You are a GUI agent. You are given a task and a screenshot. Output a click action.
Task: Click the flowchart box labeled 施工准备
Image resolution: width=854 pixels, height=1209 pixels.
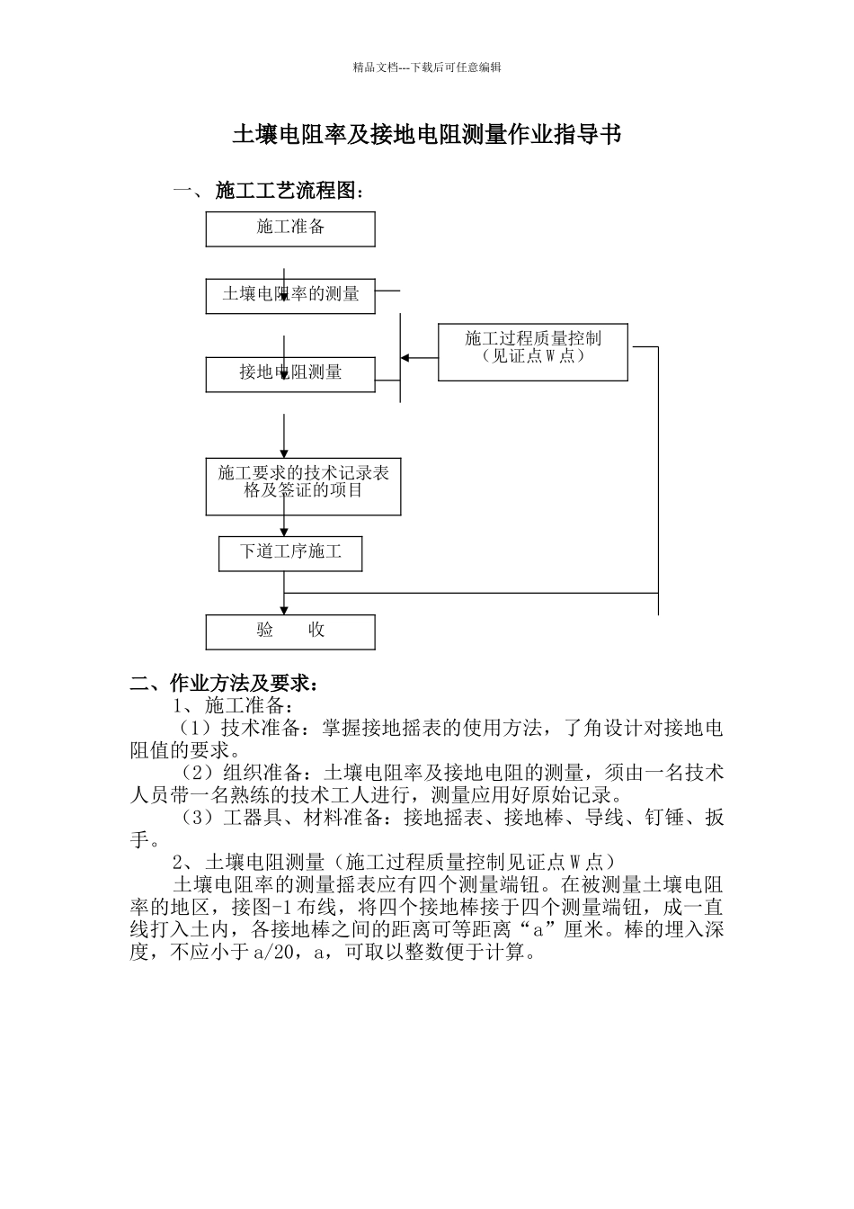coord(290,229)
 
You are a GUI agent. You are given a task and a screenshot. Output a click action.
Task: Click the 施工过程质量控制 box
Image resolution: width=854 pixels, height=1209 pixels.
coord(533,352)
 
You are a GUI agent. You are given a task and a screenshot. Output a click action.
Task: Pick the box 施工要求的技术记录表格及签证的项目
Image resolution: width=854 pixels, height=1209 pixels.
coord(303,487)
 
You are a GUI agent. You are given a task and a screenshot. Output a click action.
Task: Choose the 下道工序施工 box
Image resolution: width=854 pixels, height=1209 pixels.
coord(290,553)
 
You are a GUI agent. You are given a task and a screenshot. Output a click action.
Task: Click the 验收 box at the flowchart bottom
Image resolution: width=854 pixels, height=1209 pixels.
coord(290,631)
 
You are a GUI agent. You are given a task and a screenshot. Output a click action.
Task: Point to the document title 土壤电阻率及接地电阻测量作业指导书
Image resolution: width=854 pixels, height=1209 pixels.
coord(427,136)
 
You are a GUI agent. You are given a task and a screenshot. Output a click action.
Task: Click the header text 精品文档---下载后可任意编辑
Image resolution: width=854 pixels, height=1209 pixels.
coord(427,67)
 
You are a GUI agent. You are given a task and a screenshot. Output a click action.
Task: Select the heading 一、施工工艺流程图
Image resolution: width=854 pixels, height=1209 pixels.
coord(269,192)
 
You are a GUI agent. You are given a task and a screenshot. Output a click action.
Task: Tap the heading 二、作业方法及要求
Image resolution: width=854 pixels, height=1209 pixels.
coord(224,684)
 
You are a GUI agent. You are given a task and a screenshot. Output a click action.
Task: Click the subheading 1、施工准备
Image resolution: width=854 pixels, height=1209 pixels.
coord(233,705)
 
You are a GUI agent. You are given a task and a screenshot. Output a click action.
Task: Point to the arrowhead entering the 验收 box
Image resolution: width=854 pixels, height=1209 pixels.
coord(285,610)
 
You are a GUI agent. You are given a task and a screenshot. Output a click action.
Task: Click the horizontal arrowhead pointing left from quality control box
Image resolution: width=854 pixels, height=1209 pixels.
coord(405,358)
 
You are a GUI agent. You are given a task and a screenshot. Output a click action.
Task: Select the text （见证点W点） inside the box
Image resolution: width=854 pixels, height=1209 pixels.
coord(533,356)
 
